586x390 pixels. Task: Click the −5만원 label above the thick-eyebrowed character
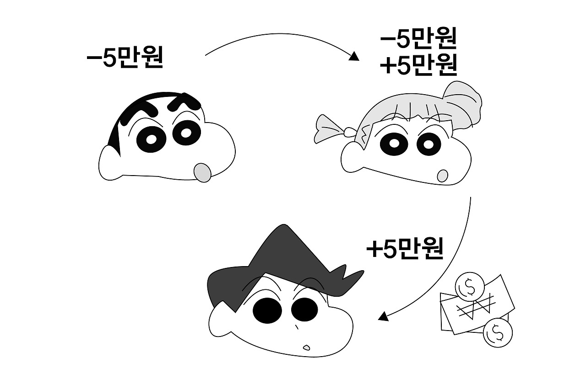[125, 58]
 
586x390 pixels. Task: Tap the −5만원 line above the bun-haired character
[418, 40]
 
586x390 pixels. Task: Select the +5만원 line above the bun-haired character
[418, 66]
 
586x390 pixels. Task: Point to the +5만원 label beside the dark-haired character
[405, 249]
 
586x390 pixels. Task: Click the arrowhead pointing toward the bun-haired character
[354, 57]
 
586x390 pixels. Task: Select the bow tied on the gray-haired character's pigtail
[331, 128]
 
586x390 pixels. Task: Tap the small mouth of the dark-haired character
[306, 346]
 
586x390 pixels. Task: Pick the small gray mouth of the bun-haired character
[442, 176]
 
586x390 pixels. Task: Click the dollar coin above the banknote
[469, 286]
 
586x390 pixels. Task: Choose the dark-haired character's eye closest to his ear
[267, 310]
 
